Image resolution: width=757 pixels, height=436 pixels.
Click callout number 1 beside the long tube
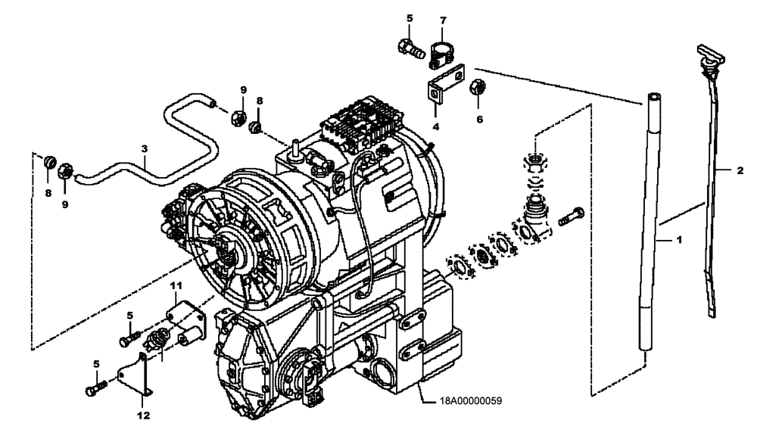click(679, 240)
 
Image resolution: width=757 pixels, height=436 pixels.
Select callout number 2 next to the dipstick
click(740, 171)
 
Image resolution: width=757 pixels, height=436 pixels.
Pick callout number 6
click(479, 119)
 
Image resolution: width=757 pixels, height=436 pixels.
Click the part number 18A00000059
click(472, 403)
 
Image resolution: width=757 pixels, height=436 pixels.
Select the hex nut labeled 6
click(478, 87)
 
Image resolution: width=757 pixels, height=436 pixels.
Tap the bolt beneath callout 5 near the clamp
click(409, 49)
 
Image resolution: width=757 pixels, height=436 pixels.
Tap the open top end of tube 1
click(654, 98)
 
